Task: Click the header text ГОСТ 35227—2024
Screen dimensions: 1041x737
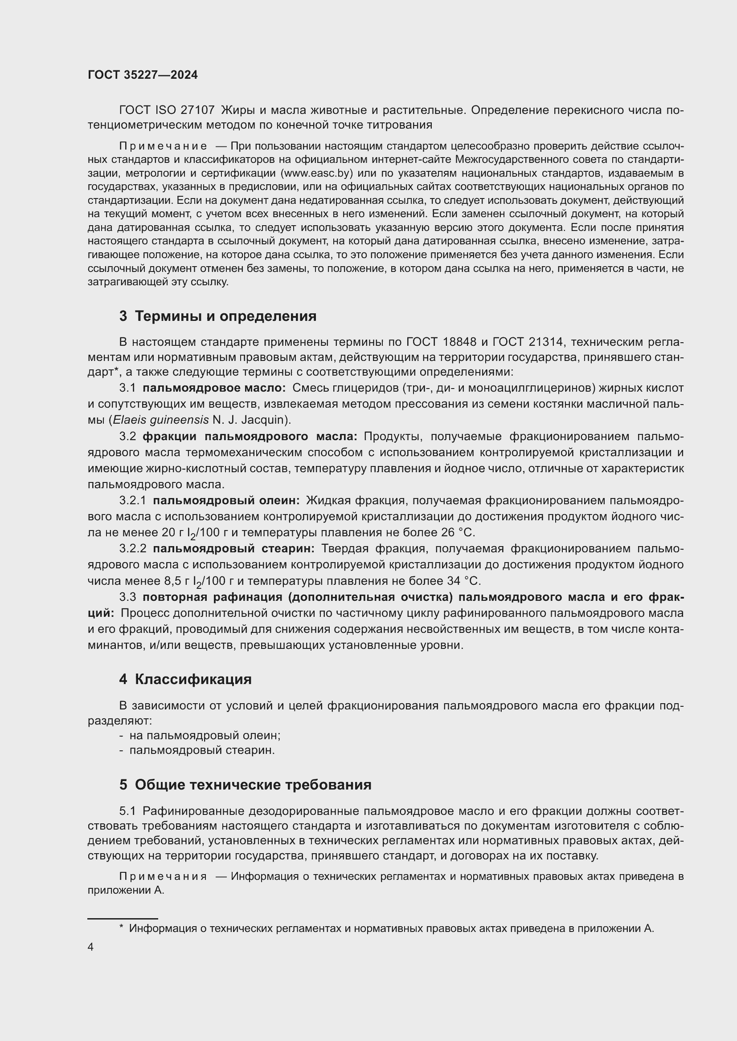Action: [x=143, y=75]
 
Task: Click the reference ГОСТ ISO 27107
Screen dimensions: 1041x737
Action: [x=167, y=110]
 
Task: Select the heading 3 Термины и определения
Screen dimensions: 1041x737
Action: [x=218, y=316]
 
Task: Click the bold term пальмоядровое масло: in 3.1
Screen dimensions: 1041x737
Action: [x=214, y=388]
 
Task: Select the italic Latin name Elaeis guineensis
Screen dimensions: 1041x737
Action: [x=161, y=420]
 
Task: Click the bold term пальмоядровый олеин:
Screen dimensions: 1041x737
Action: [x=226, y=501]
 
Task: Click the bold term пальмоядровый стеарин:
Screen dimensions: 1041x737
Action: [x=234, y=549]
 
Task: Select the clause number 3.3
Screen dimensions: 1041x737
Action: [x=127, y=597]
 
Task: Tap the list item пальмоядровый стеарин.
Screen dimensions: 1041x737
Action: [x=202, y=750]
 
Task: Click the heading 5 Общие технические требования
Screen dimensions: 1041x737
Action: [x=245, y=785]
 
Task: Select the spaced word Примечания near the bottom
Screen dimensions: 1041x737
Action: [x=163, y=876]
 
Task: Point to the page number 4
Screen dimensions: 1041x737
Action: [x=91, y=947]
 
